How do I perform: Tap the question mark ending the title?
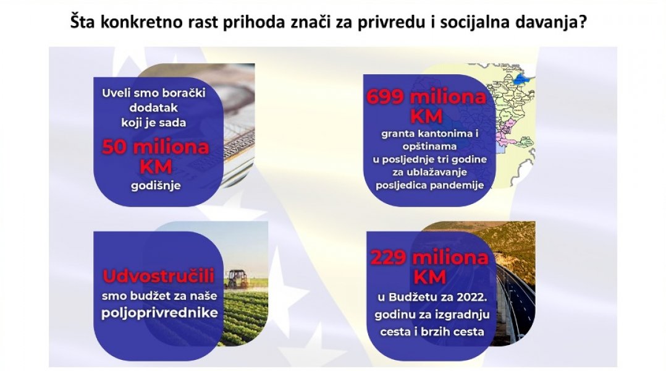(x=582, y=21)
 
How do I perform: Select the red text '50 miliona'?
(x=156, y=147)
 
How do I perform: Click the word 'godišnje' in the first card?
(x=156, y=185)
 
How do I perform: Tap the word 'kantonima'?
(x=442, y=134)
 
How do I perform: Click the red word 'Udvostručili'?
(x=158, y=276)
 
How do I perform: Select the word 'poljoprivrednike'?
(x=159, y=313)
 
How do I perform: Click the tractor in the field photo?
(x=237, y=279)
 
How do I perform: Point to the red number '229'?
(x=389, y=257)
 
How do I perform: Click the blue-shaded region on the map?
(x=520, y=79)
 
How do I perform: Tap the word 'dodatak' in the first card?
(x=154, y=108)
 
